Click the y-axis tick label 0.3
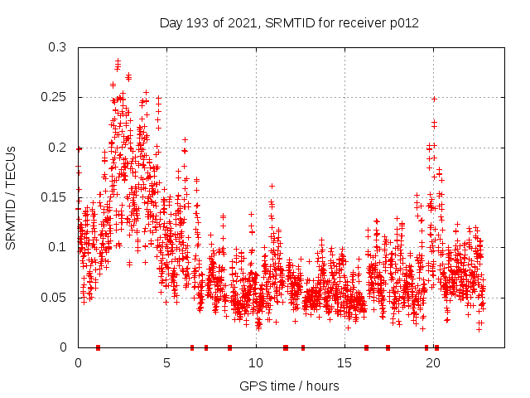click(x=56, y=48)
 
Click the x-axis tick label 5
click(x=166, y=362)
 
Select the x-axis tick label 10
click(x=256, y=362)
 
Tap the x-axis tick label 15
click(x=344, y=362)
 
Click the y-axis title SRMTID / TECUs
click(x=11, y=197)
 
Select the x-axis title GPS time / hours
click(x=289, y=386)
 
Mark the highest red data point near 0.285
click(x=118, y=61)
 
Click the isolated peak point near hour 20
click(x=433, y=99)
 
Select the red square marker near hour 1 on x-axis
click(x=98, y=347)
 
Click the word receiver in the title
click(x=358, y=23)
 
